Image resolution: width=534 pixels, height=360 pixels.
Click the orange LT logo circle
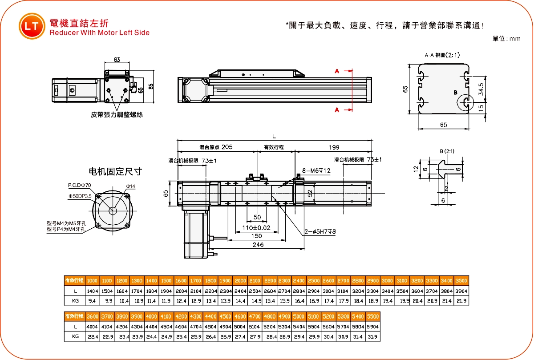(32, 26)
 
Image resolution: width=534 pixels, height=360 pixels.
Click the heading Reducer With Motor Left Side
(99, 32)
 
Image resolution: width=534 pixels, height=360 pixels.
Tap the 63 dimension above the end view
(117, 60)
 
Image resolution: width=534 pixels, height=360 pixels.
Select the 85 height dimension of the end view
(151, 86)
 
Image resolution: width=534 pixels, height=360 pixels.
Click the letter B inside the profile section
(455, 93)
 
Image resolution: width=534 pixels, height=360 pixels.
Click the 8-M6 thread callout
(316, 170)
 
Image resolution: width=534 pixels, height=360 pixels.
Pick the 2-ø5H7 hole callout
(320, 231)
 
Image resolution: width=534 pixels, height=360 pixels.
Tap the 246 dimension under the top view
(258, 245)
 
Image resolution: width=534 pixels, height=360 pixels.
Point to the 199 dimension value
(334, 147)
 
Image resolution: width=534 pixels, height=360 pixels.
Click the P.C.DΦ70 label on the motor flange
(79, 185)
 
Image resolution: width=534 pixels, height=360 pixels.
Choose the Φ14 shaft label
(130, 186)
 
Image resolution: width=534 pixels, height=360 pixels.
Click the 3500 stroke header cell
(461, 281)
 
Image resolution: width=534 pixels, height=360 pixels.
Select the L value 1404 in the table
(92, 291)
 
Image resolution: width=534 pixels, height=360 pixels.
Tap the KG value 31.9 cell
(372, 337)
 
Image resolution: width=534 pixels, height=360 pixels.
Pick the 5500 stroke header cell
(372, 316)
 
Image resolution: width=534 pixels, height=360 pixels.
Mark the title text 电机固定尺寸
(115, 171)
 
